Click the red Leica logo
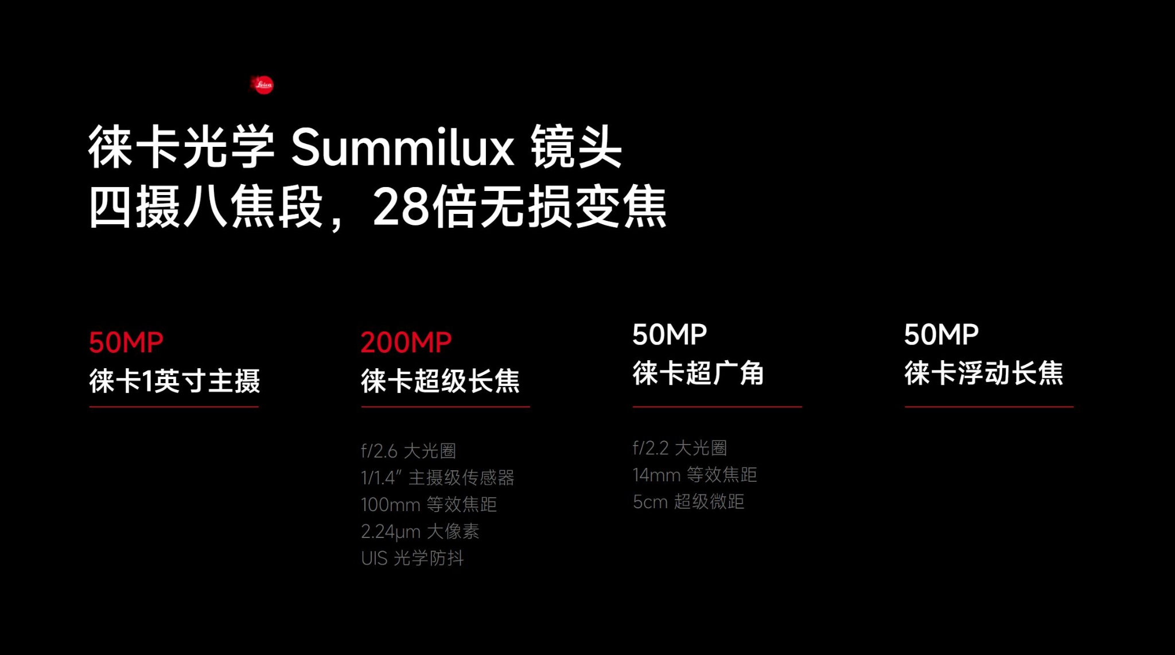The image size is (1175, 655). pos(263,85)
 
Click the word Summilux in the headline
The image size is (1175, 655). pos(403,147)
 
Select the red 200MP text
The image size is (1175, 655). pos(406,342)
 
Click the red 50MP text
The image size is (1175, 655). pos(126,342)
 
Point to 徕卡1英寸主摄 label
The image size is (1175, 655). pos(174,381)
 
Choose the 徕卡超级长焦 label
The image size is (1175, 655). pos(440,381)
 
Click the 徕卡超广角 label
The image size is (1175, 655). pos(698,373)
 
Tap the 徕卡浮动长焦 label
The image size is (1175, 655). pos(984,373)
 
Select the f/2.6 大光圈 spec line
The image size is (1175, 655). pos(408,451)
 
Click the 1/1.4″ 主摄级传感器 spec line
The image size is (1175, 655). pos(438,477)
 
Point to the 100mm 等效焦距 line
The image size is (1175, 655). pos(429,504)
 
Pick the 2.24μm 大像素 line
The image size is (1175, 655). pos(420,531)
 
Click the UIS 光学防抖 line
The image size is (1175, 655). pos(413,557)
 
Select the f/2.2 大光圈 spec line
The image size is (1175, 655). pos(680,448)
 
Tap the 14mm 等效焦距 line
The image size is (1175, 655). pos(695,474)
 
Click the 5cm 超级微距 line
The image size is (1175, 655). pos(688,501)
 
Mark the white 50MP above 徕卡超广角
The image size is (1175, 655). pos(670,334)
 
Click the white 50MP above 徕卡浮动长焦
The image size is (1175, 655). pos(941,334)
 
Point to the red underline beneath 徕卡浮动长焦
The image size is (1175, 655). pos(989,407)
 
